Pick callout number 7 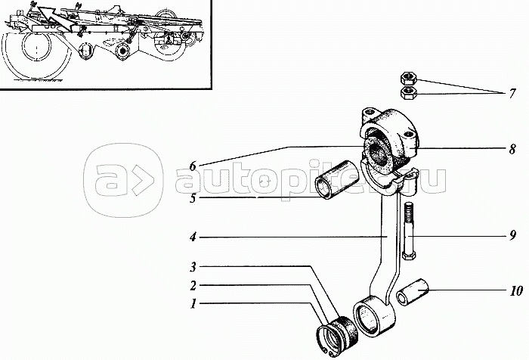click(512, 95)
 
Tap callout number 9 click(512, 236)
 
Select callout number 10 click(512, 290)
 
